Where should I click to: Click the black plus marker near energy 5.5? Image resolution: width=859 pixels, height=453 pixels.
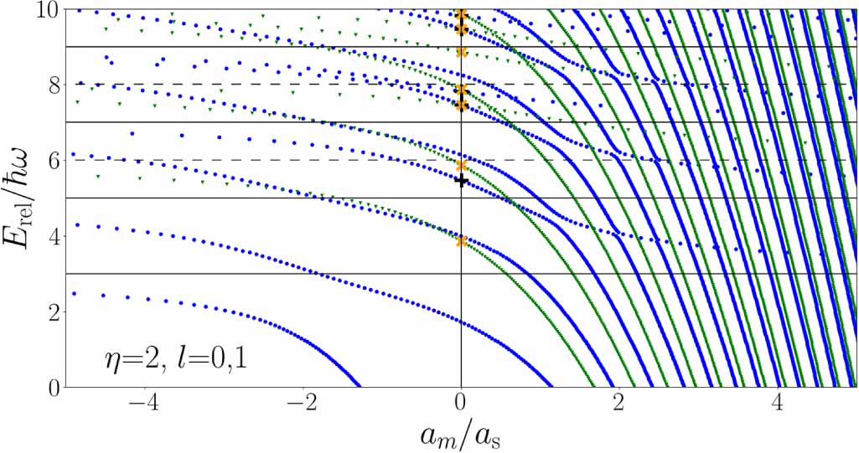(x=461, y=181)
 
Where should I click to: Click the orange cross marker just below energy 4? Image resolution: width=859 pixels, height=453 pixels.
(x=461, y=241)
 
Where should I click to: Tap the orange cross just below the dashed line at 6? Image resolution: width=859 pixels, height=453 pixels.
(x=461, y=165)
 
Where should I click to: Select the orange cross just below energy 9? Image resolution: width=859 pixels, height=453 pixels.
(x=461, y=52)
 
